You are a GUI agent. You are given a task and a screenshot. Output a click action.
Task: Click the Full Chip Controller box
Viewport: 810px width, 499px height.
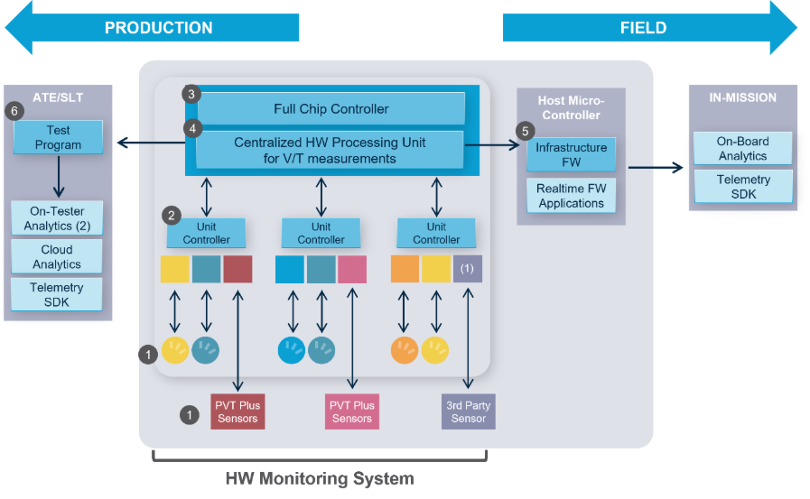[x=331, y=109]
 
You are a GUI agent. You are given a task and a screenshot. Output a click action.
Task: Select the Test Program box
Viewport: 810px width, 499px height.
[x=59, y=138]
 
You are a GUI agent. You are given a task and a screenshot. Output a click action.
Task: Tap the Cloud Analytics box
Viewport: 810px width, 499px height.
[x=57, y=257]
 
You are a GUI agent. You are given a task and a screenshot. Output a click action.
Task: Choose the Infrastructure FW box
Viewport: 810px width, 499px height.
[x=571, y=154]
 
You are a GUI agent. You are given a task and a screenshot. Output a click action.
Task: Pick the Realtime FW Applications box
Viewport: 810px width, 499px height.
[x=571, y=196]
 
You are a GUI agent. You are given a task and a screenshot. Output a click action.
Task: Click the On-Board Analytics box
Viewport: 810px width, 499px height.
[x=742, y=149]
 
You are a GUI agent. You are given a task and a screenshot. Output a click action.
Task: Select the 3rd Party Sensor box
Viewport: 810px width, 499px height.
[x=469, y=411]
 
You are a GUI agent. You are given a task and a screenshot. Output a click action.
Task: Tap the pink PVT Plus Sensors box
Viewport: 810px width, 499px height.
[x=351, y=411]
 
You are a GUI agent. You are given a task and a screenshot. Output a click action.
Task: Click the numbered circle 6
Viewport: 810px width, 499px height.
[x=14, y=111]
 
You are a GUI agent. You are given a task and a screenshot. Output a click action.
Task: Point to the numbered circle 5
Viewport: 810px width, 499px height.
[x=526, y=131]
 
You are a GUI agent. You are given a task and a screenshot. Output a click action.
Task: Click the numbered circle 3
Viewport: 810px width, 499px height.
[x=190, y=94]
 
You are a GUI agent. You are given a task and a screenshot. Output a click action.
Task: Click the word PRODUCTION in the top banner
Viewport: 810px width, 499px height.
[x=159, y=28]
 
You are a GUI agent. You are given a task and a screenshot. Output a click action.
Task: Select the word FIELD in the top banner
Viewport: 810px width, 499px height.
[x=643, y=28]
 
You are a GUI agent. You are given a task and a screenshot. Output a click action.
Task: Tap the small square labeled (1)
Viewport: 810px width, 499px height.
[x=467, y=269]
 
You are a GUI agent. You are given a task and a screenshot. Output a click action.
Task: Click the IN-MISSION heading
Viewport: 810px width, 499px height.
[x=741, y=97]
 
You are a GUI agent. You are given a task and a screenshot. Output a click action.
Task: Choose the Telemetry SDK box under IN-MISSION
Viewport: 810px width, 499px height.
[x=742, y=187]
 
